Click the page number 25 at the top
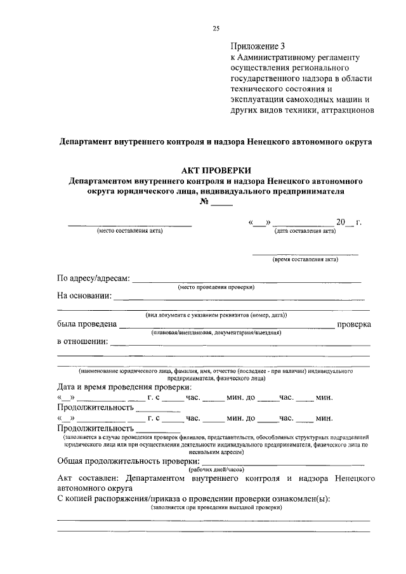tap(216, 28)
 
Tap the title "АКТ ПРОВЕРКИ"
tap(216, 170)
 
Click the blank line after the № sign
tap(222, 204)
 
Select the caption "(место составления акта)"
tap(129, 231)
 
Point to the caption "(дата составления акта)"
tap(304, 231)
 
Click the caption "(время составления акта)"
tap(305, 259)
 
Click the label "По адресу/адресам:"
tap(93, 278)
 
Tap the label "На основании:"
tap(84, 296)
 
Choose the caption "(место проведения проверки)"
tap(216, 287)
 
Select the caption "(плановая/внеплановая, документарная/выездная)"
tap(216, 332)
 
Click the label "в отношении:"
tap(82, 342)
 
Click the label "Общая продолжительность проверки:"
tap(127, 461)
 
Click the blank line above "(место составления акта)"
tap(129, 225)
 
